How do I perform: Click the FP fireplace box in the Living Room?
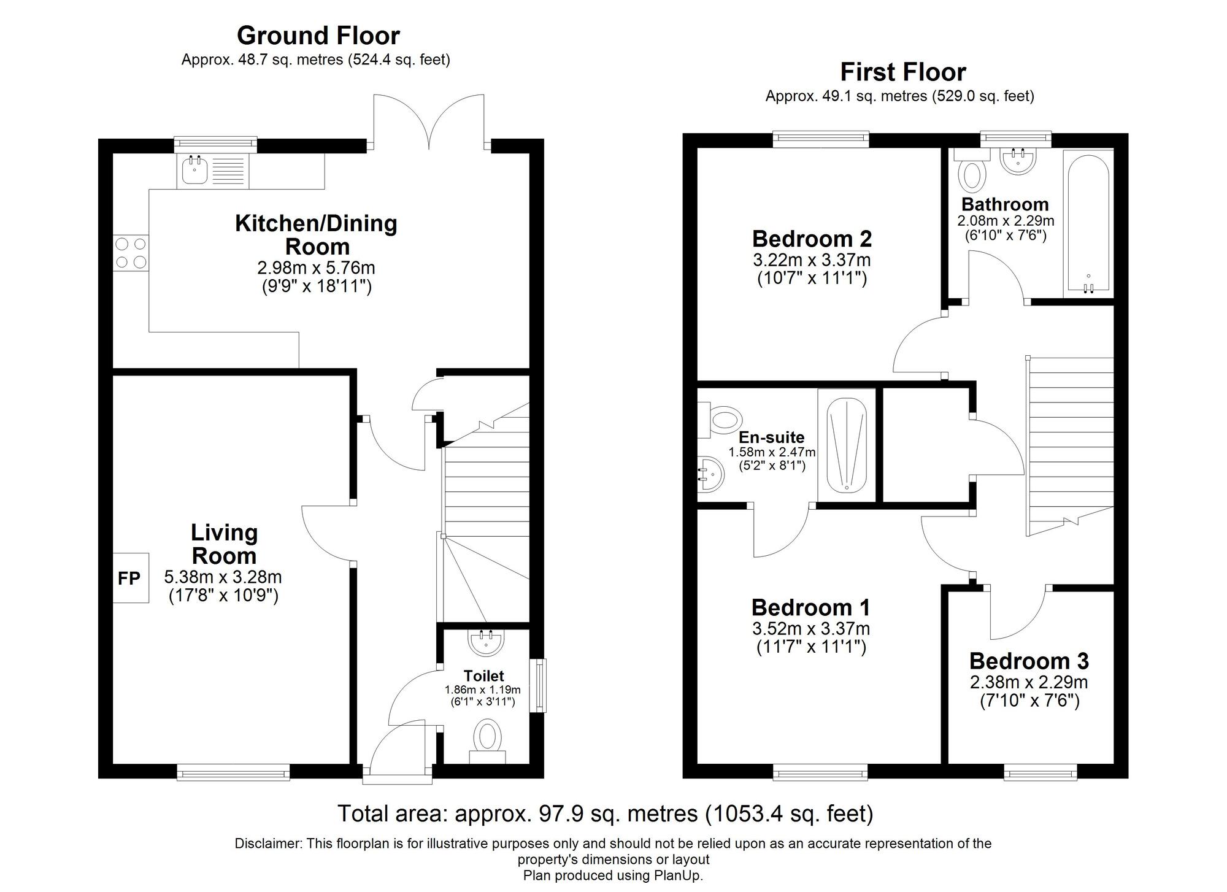130,578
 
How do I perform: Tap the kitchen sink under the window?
195,170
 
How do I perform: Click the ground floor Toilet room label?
483,676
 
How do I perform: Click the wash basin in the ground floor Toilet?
487,641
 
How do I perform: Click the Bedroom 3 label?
1029,661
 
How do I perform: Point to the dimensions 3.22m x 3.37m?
812,260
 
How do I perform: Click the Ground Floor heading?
318,36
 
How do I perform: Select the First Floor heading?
902,72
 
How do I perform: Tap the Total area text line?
605,814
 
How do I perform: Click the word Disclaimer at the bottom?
268,844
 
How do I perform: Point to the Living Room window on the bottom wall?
233,772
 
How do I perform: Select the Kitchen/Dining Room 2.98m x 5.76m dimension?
316,268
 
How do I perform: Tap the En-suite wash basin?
712,474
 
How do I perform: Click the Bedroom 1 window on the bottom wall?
820,772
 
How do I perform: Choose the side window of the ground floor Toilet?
538,685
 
